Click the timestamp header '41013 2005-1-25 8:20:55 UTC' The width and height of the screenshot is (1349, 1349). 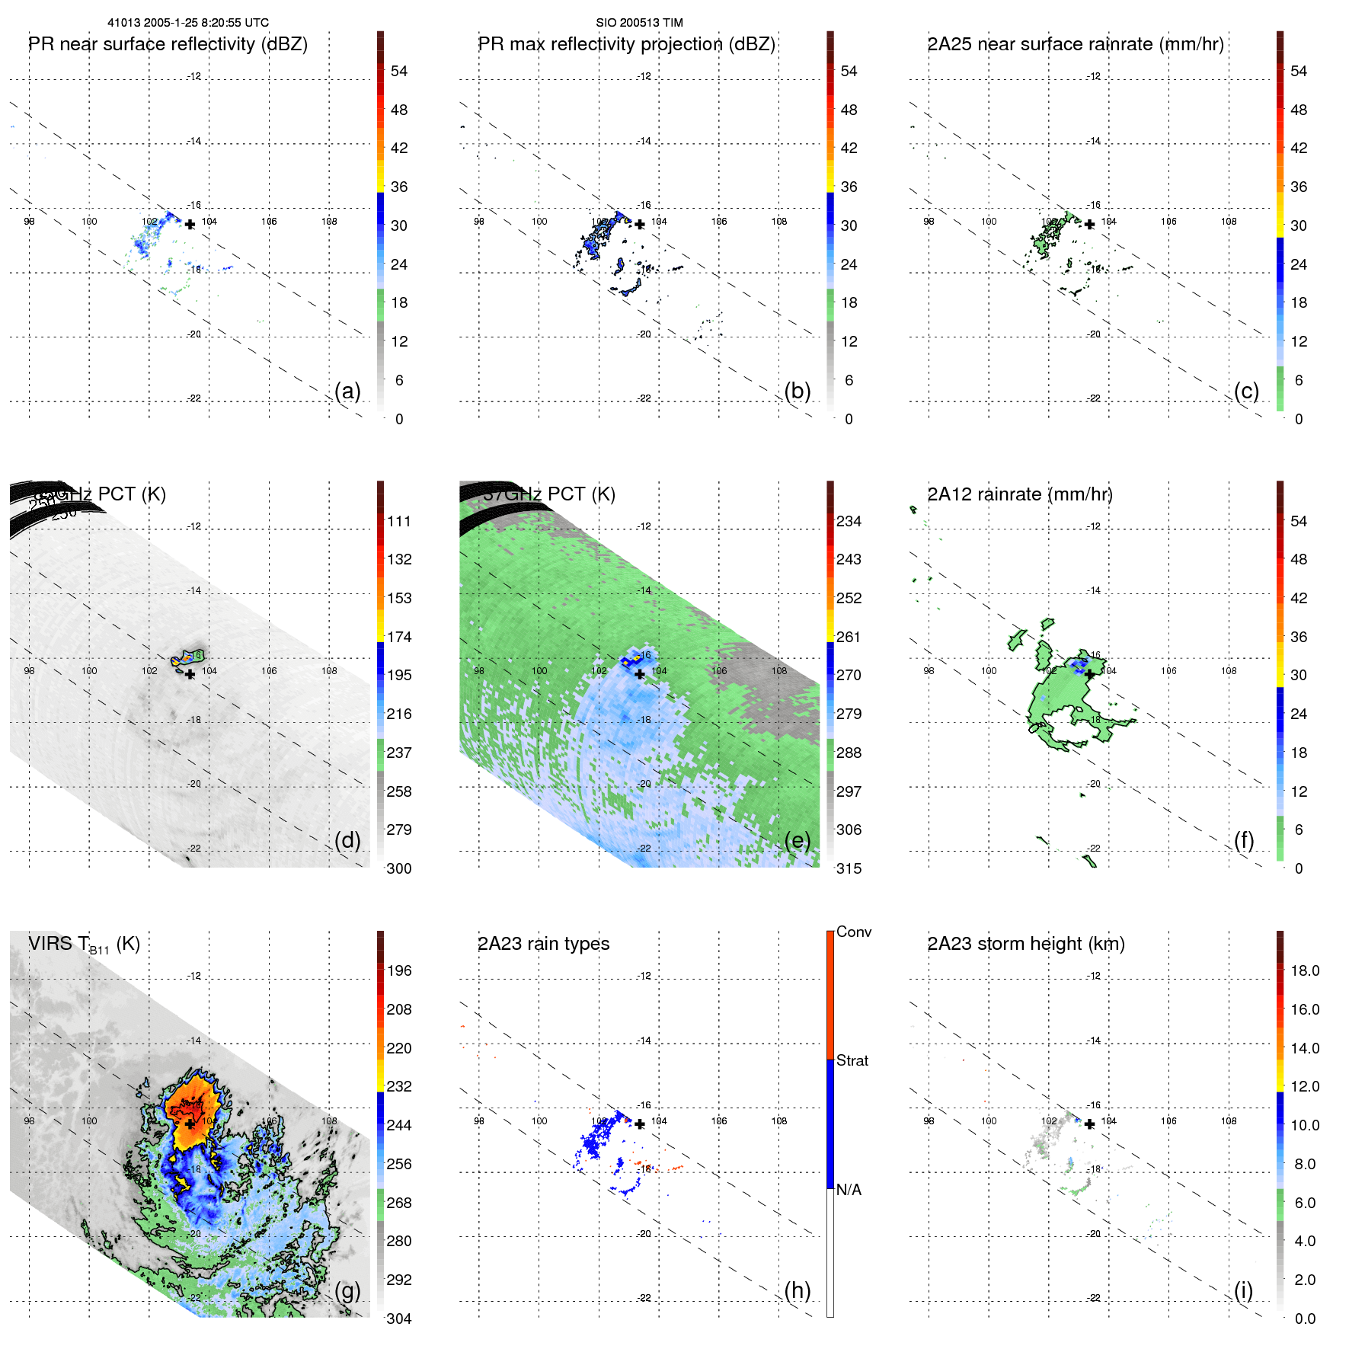click(x=187, y=23)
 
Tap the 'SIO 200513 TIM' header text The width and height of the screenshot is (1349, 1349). click(x=639, y=23)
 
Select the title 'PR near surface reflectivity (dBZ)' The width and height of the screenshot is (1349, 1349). click(x=168, y=44)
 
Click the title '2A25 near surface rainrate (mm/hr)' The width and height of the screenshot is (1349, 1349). click(x=1075, y=44)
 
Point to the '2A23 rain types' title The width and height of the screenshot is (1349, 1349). click(x=543, y=944)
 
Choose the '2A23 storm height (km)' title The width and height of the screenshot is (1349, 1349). click(x=1025, y=944)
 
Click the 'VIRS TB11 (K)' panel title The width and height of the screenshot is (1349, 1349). click(x=84, y=945)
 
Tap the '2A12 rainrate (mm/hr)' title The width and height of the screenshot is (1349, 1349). click(x=1019, y=494)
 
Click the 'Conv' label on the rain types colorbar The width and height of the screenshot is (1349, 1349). click(x=853, y=932)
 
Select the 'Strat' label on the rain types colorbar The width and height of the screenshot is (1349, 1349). click(x=852, y=1060)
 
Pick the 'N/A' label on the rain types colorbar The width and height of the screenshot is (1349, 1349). click(x=849, y=1190)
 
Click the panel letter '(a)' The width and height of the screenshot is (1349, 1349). click(x=347, y=391)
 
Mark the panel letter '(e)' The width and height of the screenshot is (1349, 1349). click(x=797, y=840)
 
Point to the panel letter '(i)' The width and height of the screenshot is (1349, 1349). click(x=1243, y=1290)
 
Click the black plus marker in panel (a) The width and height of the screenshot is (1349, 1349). click(x=190, y=224)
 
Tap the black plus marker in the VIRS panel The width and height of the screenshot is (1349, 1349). click(x=190, y=1124)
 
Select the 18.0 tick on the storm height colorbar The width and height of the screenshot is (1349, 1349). click(x=1304, y=970)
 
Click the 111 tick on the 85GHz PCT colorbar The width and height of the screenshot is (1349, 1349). click(x=398, y=521)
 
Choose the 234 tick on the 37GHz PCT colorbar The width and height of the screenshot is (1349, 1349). click(x=849, y=521)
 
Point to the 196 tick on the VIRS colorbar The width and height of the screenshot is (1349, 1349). click(x=398, y=970)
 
